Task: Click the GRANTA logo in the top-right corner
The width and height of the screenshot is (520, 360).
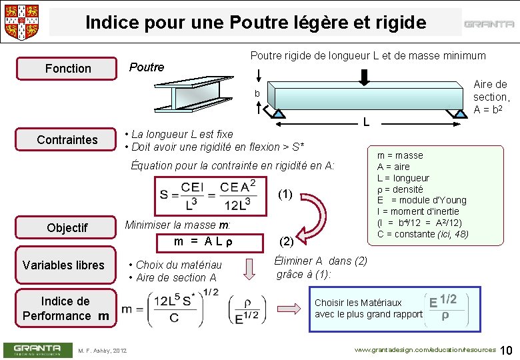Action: [489, 24]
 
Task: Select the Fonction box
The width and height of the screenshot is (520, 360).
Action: [67, 69]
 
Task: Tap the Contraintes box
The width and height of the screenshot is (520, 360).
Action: [67, 139]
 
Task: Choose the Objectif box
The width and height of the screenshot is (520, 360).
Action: [67, 228]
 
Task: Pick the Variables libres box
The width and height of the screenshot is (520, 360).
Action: [63, 265]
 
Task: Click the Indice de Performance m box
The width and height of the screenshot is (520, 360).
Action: [65, 308]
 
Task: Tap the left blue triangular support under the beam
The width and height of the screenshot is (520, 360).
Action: [279, 113]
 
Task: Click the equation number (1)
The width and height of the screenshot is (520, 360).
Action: [285, 195]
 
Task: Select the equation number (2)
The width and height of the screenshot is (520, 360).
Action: [285, 241]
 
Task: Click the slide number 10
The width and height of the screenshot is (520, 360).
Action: [506, 351]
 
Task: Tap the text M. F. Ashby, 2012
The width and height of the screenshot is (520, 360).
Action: [102, 351]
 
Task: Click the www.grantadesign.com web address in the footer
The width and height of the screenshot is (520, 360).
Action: [425, 350]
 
